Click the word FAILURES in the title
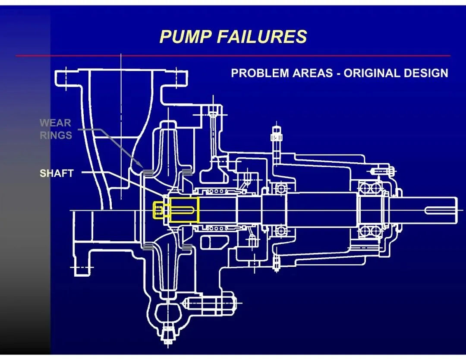pyautogui.click(x=261, y=37)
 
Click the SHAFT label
pyautogui.click(x=57, y=174)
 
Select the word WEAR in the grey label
pyautogui.click(x=55, y=123)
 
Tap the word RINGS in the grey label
pyautogui.click(x=56, y=135)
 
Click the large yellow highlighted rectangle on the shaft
pyautogui.click(x=184, y=210)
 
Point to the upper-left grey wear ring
pyautogui.click(x=147, y=174)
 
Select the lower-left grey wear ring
pyautogui.click(x=147, y=247)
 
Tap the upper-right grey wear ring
pyautogui.click(x=187, y=173)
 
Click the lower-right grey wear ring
pyautogui.click(x=187, y=247)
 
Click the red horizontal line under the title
pyautogui.click(x=233, y=56)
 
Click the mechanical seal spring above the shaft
pyautogui.click(x=216, y=191)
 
